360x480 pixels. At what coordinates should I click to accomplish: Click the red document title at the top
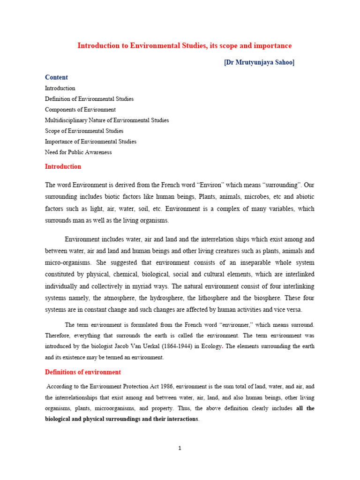click(x=184, y=45)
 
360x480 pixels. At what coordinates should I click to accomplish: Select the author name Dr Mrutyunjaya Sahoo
click(x=259, y=62)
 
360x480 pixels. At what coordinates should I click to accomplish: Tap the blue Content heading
click(x=56, y=77)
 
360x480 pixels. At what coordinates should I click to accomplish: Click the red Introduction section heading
click(x=63, y=166)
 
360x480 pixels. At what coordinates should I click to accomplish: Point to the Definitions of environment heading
click(x=82, y=372)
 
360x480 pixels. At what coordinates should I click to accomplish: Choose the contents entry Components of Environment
click(x=80, y=110)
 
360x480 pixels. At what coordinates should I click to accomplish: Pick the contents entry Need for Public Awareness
click(x=78, y=152)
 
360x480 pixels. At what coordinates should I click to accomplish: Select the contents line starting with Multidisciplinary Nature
click(x=107, y=120)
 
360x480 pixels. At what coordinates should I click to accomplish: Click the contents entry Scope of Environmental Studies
click(x=84, y=131)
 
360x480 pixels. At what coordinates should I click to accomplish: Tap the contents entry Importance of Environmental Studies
click(x=90, y=142)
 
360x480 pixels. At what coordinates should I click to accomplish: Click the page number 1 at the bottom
click(x=180, y=448)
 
